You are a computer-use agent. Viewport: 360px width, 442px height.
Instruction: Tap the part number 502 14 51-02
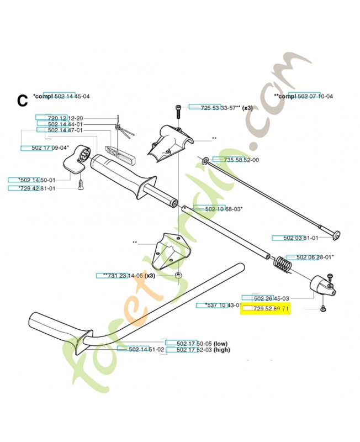146,350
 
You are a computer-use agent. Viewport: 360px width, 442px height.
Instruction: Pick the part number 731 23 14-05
119,275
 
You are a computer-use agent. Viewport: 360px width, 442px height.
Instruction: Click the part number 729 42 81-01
30,188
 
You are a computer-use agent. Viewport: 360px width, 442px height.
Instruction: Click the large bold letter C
22,101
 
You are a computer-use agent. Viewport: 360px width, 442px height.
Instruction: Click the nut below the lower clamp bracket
178,275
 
